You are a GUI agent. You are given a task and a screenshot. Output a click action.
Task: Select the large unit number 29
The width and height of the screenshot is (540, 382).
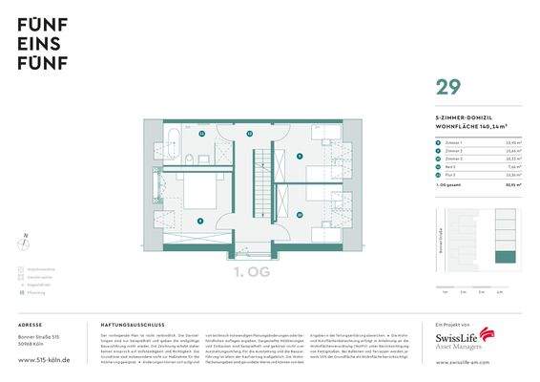(x=447, y=88)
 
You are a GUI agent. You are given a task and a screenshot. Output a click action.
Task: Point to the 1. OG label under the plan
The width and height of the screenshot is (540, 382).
(x=253, y=274)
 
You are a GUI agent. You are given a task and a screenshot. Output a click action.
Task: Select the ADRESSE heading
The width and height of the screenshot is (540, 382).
(x=30, y=325)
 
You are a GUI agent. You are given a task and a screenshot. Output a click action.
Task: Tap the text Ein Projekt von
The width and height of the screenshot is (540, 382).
(x=449, y=325)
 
